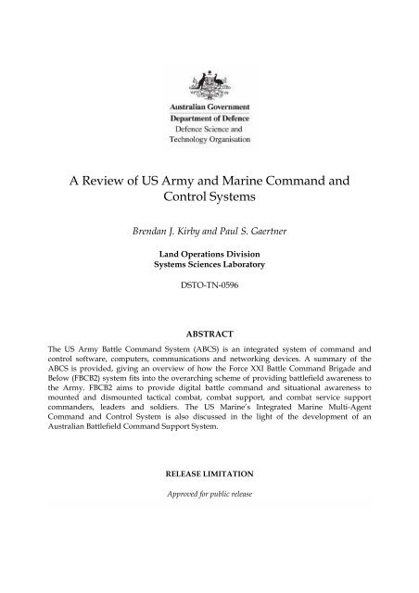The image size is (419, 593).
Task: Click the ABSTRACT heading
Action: click(x=209, y=353)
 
